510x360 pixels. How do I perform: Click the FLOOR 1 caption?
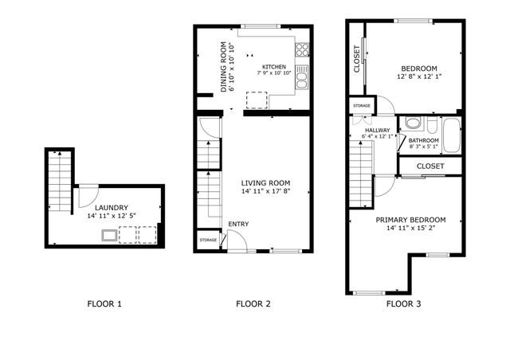pos(104,303)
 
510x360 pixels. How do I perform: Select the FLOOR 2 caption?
pos(253,303)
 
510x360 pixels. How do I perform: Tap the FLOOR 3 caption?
pos(403,303)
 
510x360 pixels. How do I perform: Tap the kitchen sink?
pos(302,77)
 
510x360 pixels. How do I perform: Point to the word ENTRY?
pos(237,224)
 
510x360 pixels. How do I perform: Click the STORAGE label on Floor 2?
pos(208,240)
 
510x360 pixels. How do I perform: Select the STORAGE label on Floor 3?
pos(361,105)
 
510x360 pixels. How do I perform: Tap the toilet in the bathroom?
pos(412,124)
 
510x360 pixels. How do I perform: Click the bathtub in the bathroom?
pos(450,135)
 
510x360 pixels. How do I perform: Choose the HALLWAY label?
pos(376,130)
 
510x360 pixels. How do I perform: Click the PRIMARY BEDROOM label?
pos(410,219)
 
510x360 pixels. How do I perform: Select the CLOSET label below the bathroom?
pos(430,166)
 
